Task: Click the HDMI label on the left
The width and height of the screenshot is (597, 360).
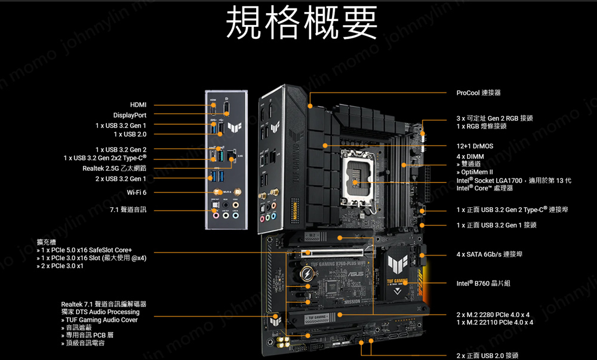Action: pyautogui.click(x=138, y=105)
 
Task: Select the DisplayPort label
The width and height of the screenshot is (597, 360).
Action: pyautogui.click(x=130, y=115)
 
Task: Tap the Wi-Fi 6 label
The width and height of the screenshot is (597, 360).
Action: pyautogui.click(x=136, y=192)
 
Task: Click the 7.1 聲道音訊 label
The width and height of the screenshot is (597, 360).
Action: pyautogui.click(x=128, y=210)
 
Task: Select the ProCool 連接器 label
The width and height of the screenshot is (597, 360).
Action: pyautogui.click(x=478, y=93)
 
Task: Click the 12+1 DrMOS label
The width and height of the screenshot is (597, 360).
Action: pyautogui.click(x=475, y=146)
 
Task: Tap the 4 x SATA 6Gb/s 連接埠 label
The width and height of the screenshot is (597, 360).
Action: pyautogui.click(x=489, y=254)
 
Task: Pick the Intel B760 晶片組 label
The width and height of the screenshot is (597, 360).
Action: pyautogui.click(x=483, y=283)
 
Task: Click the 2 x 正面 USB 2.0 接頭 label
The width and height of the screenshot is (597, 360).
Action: pyautogui.click(x=487, y=355)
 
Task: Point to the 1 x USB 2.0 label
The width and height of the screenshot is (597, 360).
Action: pyautogui.click(x=130, y=134)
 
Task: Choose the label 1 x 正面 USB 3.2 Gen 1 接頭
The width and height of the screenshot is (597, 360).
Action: pyautogui.click(x=496, y=225)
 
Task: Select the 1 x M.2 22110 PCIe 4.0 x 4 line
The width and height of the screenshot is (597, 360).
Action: pyautogui.click(x=494, y=322)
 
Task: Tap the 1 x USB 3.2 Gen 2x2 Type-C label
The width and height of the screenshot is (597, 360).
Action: pyautogui.click(x=105, y=158)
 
